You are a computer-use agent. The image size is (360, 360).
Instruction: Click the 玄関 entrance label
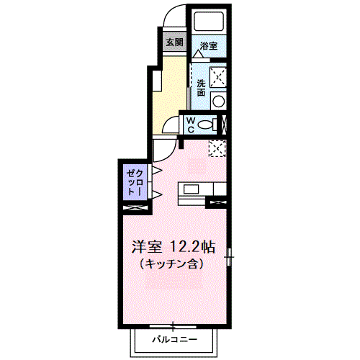pyautogui.click(x=174, y=42)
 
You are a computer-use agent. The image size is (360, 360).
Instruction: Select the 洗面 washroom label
pyautogui.click(x=202, y=88)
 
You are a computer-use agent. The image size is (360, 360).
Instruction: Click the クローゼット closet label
pyautogui.click(x=135, y=183)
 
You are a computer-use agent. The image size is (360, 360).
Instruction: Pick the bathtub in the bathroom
pyautogui.click(x=209, y=23)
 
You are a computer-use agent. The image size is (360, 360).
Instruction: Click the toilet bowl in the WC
pyautogui.click(x=208, y=124)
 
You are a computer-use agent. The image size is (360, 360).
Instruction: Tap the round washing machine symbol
pyautogui.click(x=216, y=100)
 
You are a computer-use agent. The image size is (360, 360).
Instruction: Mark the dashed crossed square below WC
pyautogui.click(x=217, y=147)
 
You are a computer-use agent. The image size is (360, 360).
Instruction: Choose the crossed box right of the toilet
pyautogui.click(x=224, y=123)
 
